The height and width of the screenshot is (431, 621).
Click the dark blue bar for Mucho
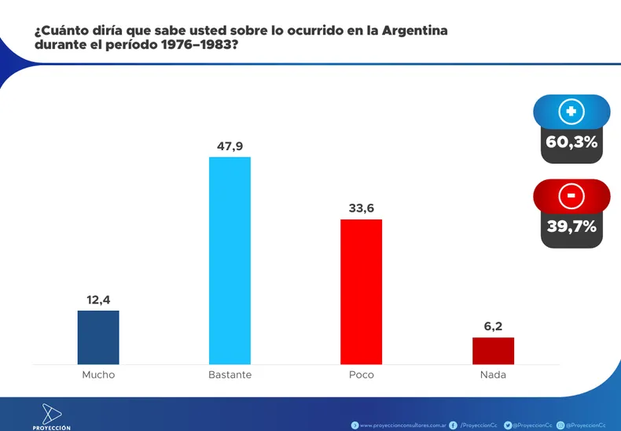pyautogui.click(x=98, y=337)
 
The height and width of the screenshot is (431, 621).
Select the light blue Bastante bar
pyautogui.click(x=230, y=260)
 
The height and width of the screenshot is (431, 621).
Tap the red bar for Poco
pyautogui.click(x=361, y=291)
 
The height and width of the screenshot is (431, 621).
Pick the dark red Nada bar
pyautogui.click(x=493, y=350)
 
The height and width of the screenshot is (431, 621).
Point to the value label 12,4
pyautogui.click(x=98, y=300)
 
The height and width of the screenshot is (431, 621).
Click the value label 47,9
pyautogui.click(x=230, y=146)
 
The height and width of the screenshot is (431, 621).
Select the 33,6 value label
pyautogui.click(x=361, y=208)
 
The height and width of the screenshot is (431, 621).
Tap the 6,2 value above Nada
pyautogui.click(x=493, y=326)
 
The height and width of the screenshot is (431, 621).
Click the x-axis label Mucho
pyautogui.click(x=98, y=375)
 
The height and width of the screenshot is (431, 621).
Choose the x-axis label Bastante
pyautogui.click(x=230, y=375)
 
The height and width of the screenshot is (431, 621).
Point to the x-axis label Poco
pyautogui.click(x=361, y=375)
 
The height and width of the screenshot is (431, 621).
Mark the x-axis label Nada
pyautogui.click(x=493, y=375)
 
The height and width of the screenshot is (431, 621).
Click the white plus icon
pyautogui.click(x=571, y=112)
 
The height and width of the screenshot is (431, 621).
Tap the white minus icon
pyautogui.click(x=571, y=195)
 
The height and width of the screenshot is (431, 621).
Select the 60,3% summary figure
pyautogui.click(x=571, y=142)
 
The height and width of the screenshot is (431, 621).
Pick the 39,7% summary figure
pyautogui.click(x=571, y=227)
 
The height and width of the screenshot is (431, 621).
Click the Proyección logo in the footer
pyautogui.click(x=51, y=415)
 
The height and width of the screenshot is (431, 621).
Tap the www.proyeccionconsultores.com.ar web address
pyautogui.click(x=402, y=425)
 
